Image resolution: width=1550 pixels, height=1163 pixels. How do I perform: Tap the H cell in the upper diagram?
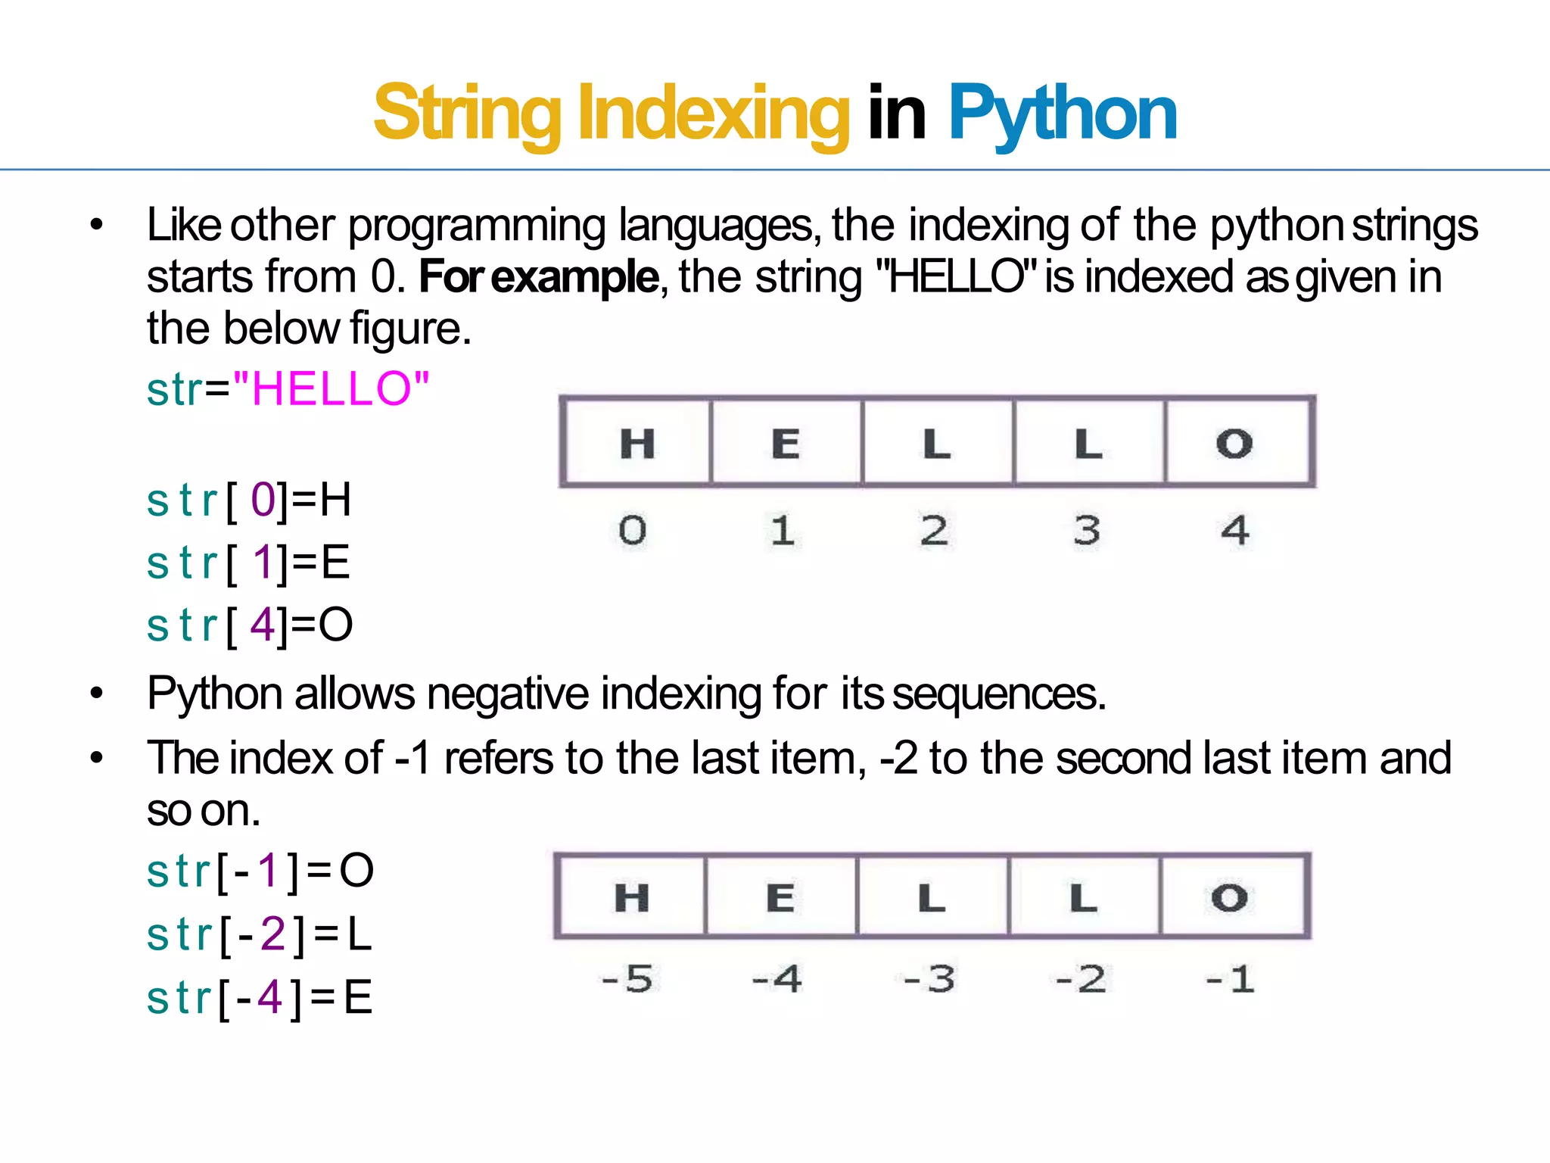click(x=636, y=442)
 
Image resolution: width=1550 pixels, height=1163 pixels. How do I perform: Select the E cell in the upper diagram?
click(x=786, y=442)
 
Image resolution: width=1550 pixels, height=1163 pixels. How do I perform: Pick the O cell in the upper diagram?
click(x=1236, y=442)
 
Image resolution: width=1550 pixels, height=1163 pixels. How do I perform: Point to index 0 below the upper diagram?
click(x=633, y=530)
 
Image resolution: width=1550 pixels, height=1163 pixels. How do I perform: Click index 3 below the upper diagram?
click(x=1087, y=530)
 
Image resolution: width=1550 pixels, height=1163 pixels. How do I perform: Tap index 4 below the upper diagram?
click(x=1235, y=530)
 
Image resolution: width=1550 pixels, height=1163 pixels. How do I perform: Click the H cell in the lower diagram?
click(x=631, y=897)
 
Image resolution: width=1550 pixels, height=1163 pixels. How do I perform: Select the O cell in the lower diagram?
click(x=1231, y=897)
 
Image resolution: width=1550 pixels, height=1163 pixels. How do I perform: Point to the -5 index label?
click(x=627, y=979)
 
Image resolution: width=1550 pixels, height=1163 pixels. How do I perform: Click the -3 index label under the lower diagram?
click(x=929, y=979)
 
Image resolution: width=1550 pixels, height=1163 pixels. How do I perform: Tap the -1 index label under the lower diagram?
click(x=1231, y=979)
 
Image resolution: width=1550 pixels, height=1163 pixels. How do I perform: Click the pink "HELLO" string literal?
click(x=331, y=389)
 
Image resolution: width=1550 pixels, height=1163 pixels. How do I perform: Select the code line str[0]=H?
click(x=249, y=500)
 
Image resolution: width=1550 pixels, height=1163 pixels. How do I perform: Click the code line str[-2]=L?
click(x=259, y=934)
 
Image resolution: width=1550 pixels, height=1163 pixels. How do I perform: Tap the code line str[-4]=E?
click(x=259, y=997)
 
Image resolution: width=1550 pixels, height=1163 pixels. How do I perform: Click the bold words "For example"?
click(x=539, y=277)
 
